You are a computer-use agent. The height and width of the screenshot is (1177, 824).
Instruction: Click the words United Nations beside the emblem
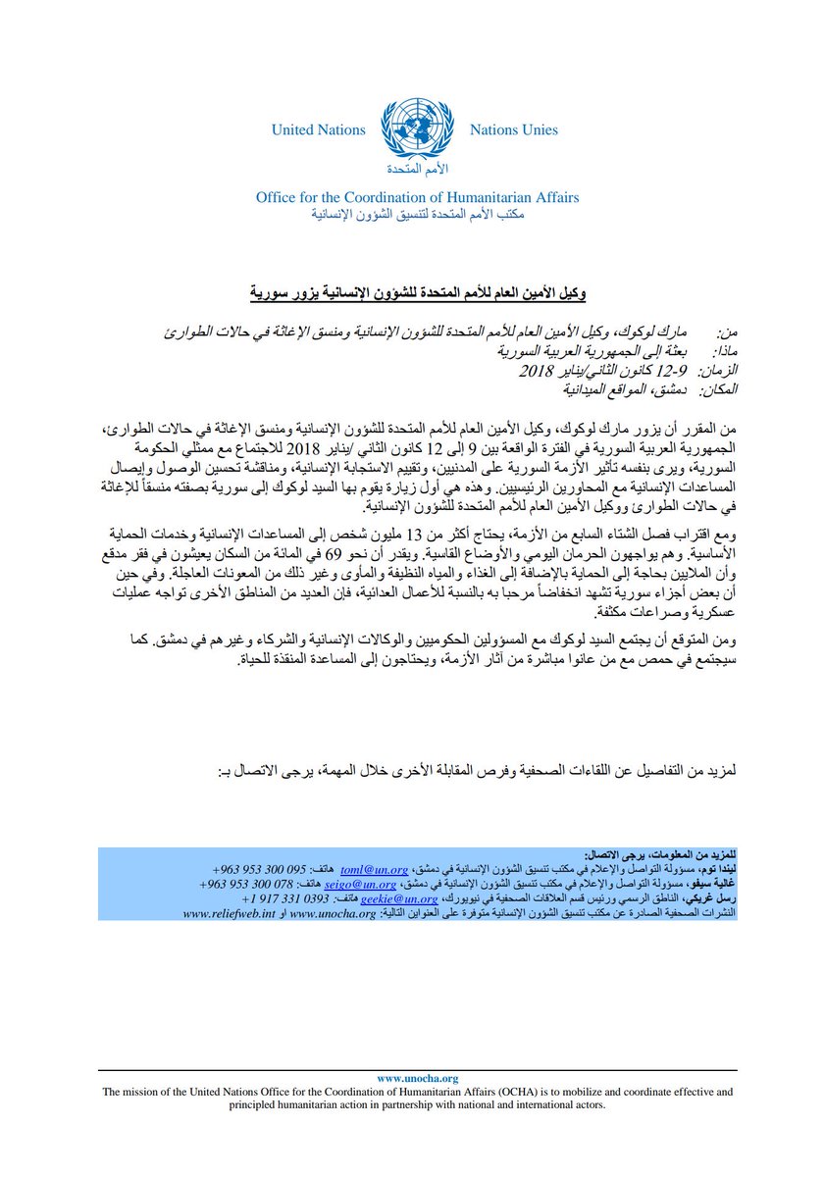tap(318, 129)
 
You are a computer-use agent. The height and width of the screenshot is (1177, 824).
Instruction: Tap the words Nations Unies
tap(513, 129)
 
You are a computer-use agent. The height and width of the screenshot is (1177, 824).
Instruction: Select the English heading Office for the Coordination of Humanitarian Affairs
tap(417, 197)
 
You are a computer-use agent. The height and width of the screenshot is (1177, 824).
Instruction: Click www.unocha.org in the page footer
tap(417, 1078)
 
